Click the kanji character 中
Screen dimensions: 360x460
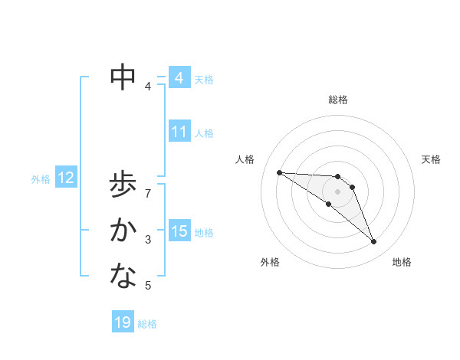pos(123,76)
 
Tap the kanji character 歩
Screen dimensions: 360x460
pos(123,186)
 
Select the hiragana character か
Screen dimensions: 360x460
pos(123,230)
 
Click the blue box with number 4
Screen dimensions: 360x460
pos(179,78)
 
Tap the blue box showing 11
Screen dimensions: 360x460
pos(179,132)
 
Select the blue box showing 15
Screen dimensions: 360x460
pos(179,231)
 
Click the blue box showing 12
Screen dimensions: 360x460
pos(66,178)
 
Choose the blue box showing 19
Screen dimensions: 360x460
pos(123,322)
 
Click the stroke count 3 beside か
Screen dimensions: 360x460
pos(148,240)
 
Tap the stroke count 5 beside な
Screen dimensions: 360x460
pos(148,286)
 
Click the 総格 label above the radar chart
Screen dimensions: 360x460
pos(338,100)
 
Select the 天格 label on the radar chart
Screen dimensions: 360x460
pos(431,159)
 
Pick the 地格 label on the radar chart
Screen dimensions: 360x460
pos(402,262)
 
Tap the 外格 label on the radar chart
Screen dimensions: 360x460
pos(270,262)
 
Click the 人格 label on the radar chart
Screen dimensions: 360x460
pos(245,159)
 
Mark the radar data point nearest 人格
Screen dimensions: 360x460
pos(279,172)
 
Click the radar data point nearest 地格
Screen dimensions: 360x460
pos(374,242)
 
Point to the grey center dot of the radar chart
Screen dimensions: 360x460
pos(338,191)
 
